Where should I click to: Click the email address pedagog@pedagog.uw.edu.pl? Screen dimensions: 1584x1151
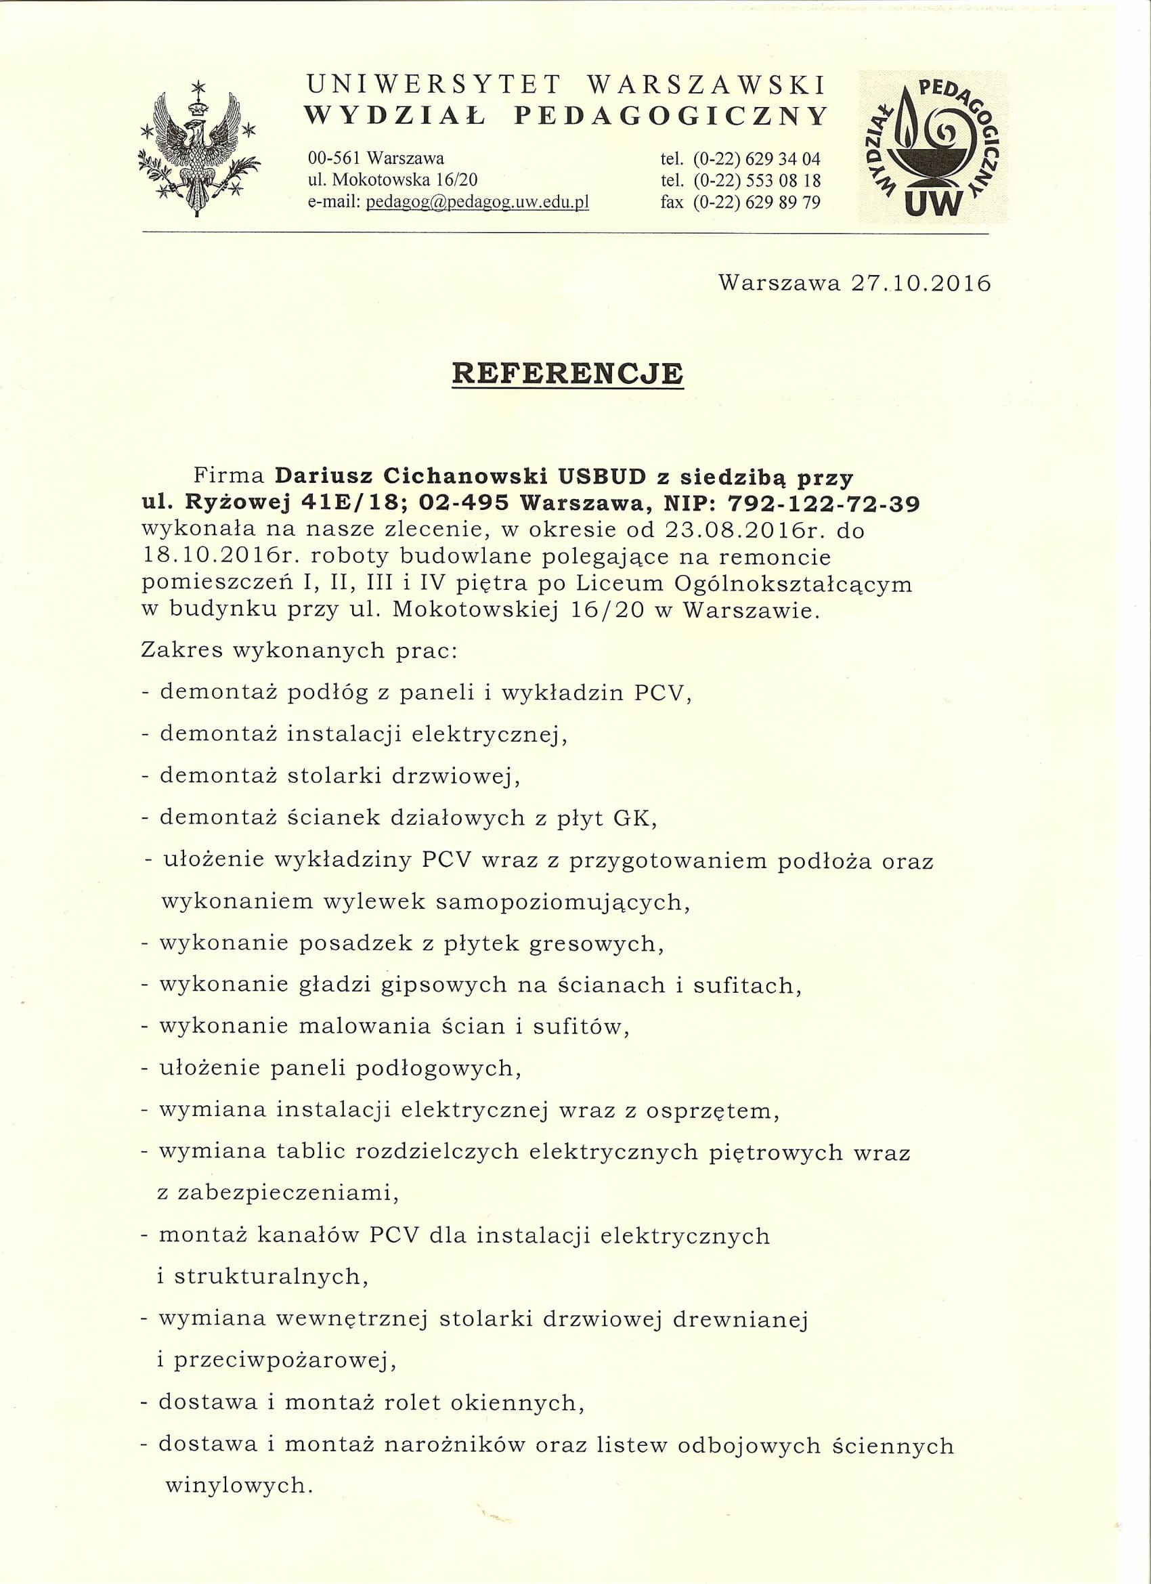tap(478, 202)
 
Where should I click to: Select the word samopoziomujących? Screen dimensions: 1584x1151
tap(562, 902)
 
